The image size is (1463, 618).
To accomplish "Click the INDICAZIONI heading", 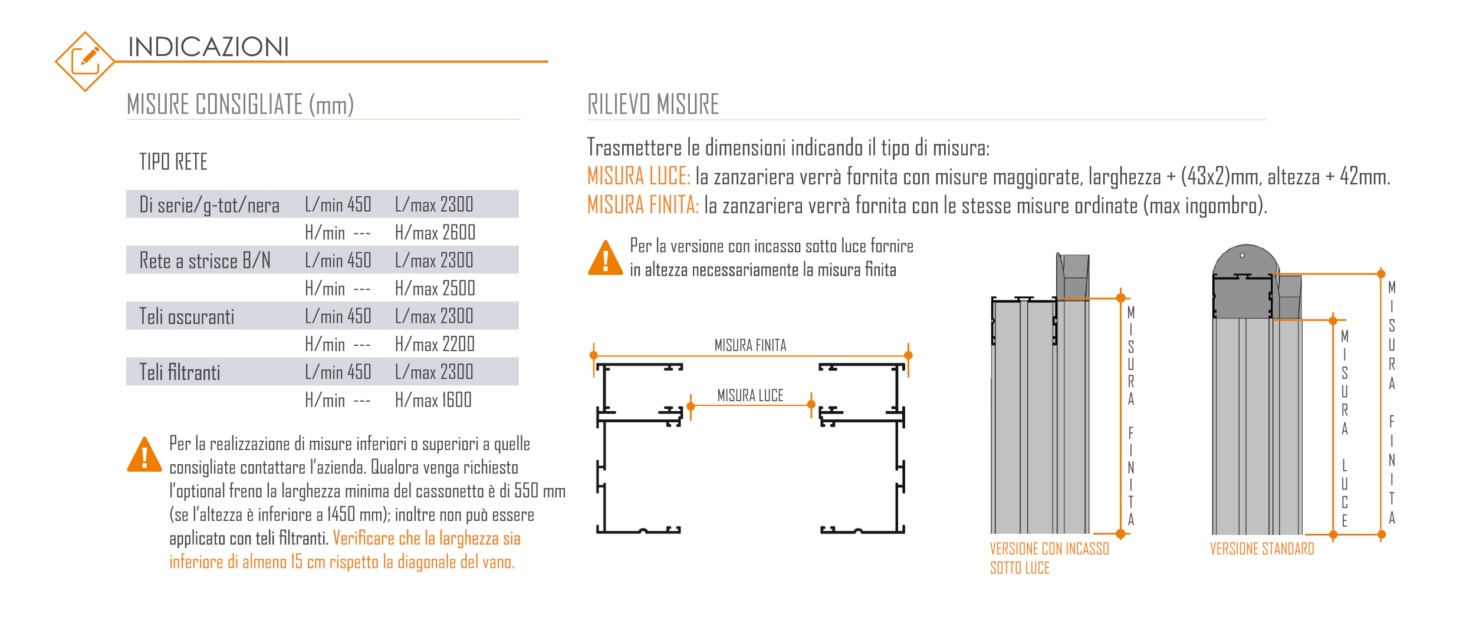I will pyautogui.click(x=208, y=47).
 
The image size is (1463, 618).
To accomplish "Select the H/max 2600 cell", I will pyautogui.click(x=435, y=233).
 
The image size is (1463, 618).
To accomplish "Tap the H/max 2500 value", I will pyautogui.click(x=435, y=289).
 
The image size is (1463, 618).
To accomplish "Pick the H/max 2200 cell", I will pyautogui.click(x=435, y=344).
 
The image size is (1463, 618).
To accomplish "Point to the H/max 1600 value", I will pyautogui.click(x=433, y=401).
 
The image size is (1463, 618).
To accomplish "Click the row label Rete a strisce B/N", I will pyautogui.click(x=205, y=260).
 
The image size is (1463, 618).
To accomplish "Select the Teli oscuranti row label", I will pyautogui.click(x=186, y=317).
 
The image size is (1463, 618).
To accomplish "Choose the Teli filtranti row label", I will pyautogui.click(x=179, y=372).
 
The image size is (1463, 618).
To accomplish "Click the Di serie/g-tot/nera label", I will pyautogui.click(x=209, y=205).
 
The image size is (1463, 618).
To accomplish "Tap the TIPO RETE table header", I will pyautogui.click(x=173, y=162).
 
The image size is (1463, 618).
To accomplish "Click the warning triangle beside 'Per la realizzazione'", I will pyautogui.click(x=144, y=455).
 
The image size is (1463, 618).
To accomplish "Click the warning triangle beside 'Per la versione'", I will pyautogui.click(x=605, y=259).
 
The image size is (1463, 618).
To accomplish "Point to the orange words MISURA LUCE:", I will pyautogui.click(x=638, y=176).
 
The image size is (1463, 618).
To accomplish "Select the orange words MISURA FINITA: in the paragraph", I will pyautogui.click(x=643, y=205).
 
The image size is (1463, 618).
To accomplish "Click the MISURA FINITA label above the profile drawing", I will pyautogui.click(x=750, y=345).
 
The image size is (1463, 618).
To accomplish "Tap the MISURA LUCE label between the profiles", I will pyautogui.click(x=750, y=395).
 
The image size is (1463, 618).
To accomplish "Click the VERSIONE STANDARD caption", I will pyautogui.click(x=1262, y=549).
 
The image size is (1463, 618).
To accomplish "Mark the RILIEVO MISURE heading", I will pyautogui.click(x=653, y=104).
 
